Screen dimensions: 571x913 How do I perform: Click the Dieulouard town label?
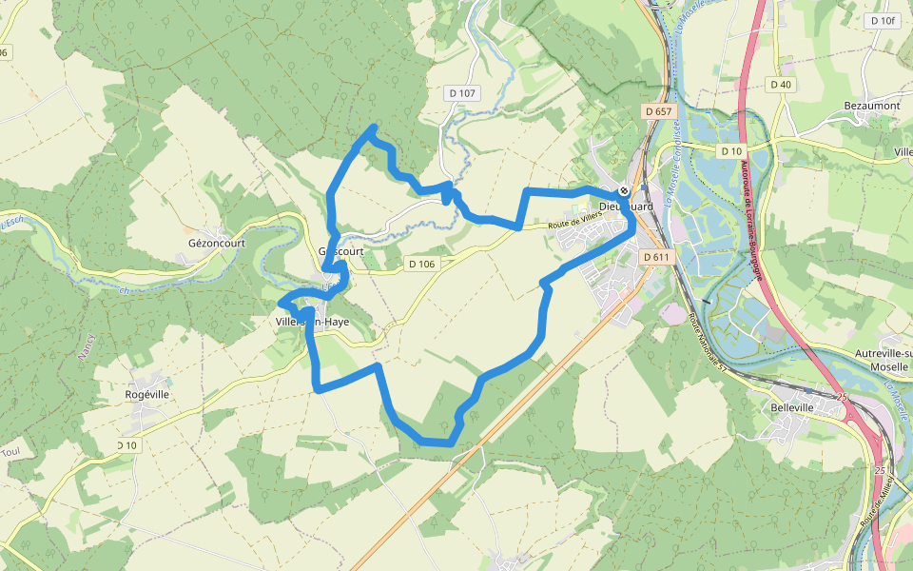(625, 205)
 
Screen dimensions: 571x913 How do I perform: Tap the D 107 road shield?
(462, 93)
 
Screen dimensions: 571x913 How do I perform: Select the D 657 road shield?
(657, 111)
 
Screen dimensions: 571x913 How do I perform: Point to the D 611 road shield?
(656, 257)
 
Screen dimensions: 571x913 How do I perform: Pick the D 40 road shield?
(781, 85)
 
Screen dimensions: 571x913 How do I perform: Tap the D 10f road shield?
(882, 20)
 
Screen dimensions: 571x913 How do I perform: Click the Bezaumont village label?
(871, 106)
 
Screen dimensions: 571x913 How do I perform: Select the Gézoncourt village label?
(217, 243)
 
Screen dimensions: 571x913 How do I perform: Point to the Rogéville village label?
(146, 394)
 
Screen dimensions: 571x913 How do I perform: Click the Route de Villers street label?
(575, 222)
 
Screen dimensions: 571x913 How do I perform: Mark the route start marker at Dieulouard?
(623, 190)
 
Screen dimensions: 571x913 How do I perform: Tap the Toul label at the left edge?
(10, 453)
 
